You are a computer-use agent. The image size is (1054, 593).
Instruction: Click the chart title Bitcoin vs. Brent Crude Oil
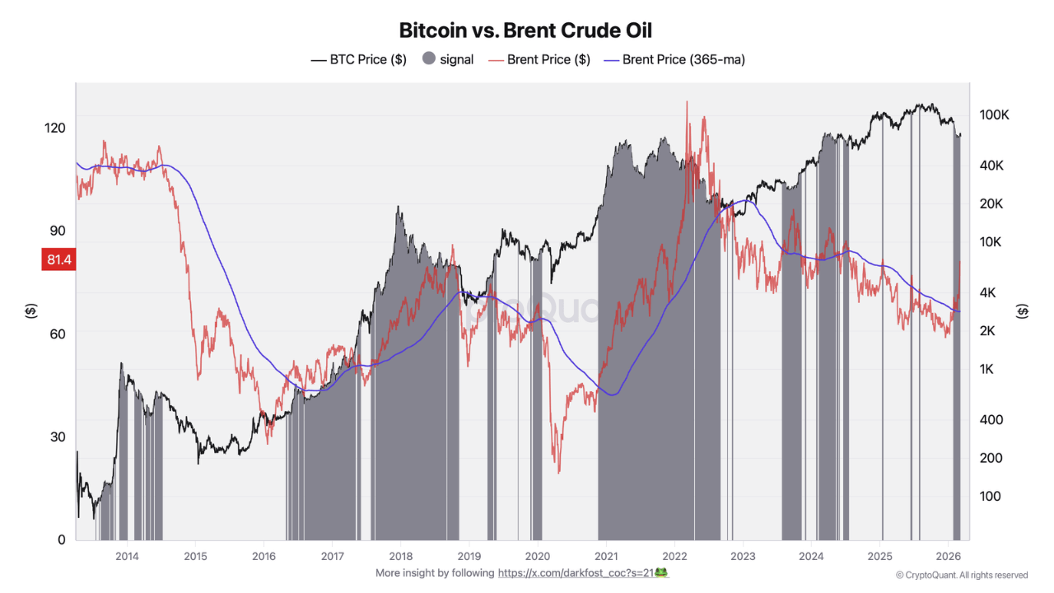click(525, 30)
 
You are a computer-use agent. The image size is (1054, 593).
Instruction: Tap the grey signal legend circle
click(428, 59)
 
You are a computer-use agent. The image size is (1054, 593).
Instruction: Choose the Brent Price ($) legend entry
click(539, 59)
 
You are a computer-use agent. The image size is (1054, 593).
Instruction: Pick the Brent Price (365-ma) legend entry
click(674, 59)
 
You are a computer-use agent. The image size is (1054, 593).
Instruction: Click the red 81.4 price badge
click(58, 260)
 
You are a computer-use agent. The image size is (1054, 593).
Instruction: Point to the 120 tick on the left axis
click(55, 128)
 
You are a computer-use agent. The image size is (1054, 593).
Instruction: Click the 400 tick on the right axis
click(990, 419)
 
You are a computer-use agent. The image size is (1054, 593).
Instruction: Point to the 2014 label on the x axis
click(127, 556)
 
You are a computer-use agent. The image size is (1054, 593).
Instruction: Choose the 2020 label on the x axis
click(537, 556)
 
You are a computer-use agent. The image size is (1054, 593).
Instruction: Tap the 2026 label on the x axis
click(948, 556)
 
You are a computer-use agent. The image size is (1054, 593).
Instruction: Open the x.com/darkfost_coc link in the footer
click(582, 572)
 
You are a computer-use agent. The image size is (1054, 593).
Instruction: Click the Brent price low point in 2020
click(559, 472)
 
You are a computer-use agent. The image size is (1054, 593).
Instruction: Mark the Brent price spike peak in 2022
click(686, 102)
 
